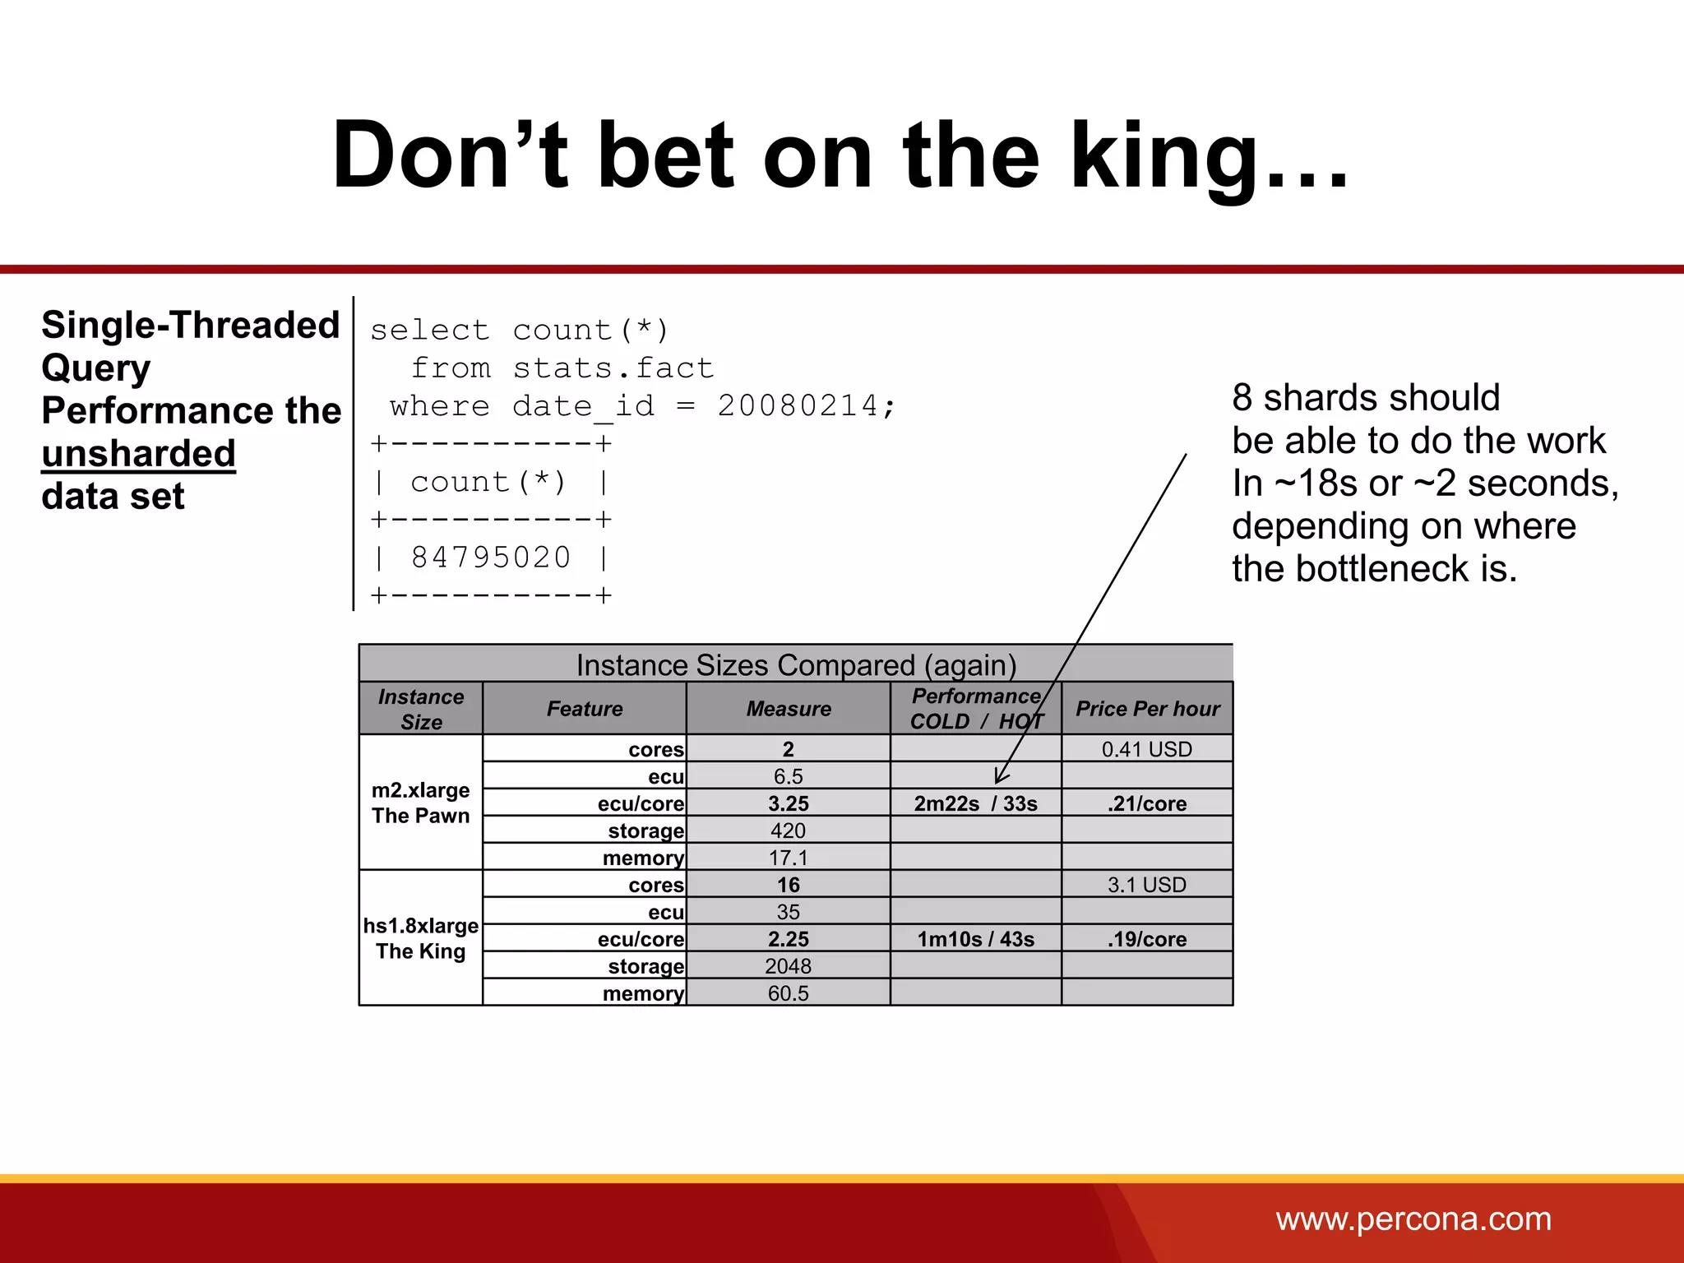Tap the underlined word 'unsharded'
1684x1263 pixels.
click(x=138, y=454)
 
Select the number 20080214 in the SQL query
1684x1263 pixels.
click(x=798, y=406)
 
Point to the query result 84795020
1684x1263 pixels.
click(x=491, y=557)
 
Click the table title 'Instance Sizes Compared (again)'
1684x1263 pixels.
click(x=796, y=664)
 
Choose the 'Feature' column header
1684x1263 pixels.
click(x=585, y=709)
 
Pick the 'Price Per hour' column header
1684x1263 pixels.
click(x=1147, y=709)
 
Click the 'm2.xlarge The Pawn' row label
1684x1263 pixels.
click(x=420, y=803)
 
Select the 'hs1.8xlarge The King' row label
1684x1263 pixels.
click(x=420, y=938)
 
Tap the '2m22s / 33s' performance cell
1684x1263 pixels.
click(x=975, y=803)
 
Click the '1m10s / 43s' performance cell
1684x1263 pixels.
click(x=975, y=939)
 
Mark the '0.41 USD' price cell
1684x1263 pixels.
click(x=1146, y=749)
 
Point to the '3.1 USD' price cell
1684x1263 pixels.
click(x=1146, y=885)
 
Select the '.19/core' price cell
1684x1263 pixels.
click(x=1146, y=939)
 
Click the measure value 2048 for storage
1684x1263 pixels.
click(x=788, y=966)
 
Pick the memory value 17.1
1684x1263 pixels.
click(x=788, y=858)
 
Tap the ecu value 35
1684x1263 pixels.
click(x=788, y=912)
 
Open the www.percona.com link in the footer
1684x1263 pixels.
click(x=1413, y=1219)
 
